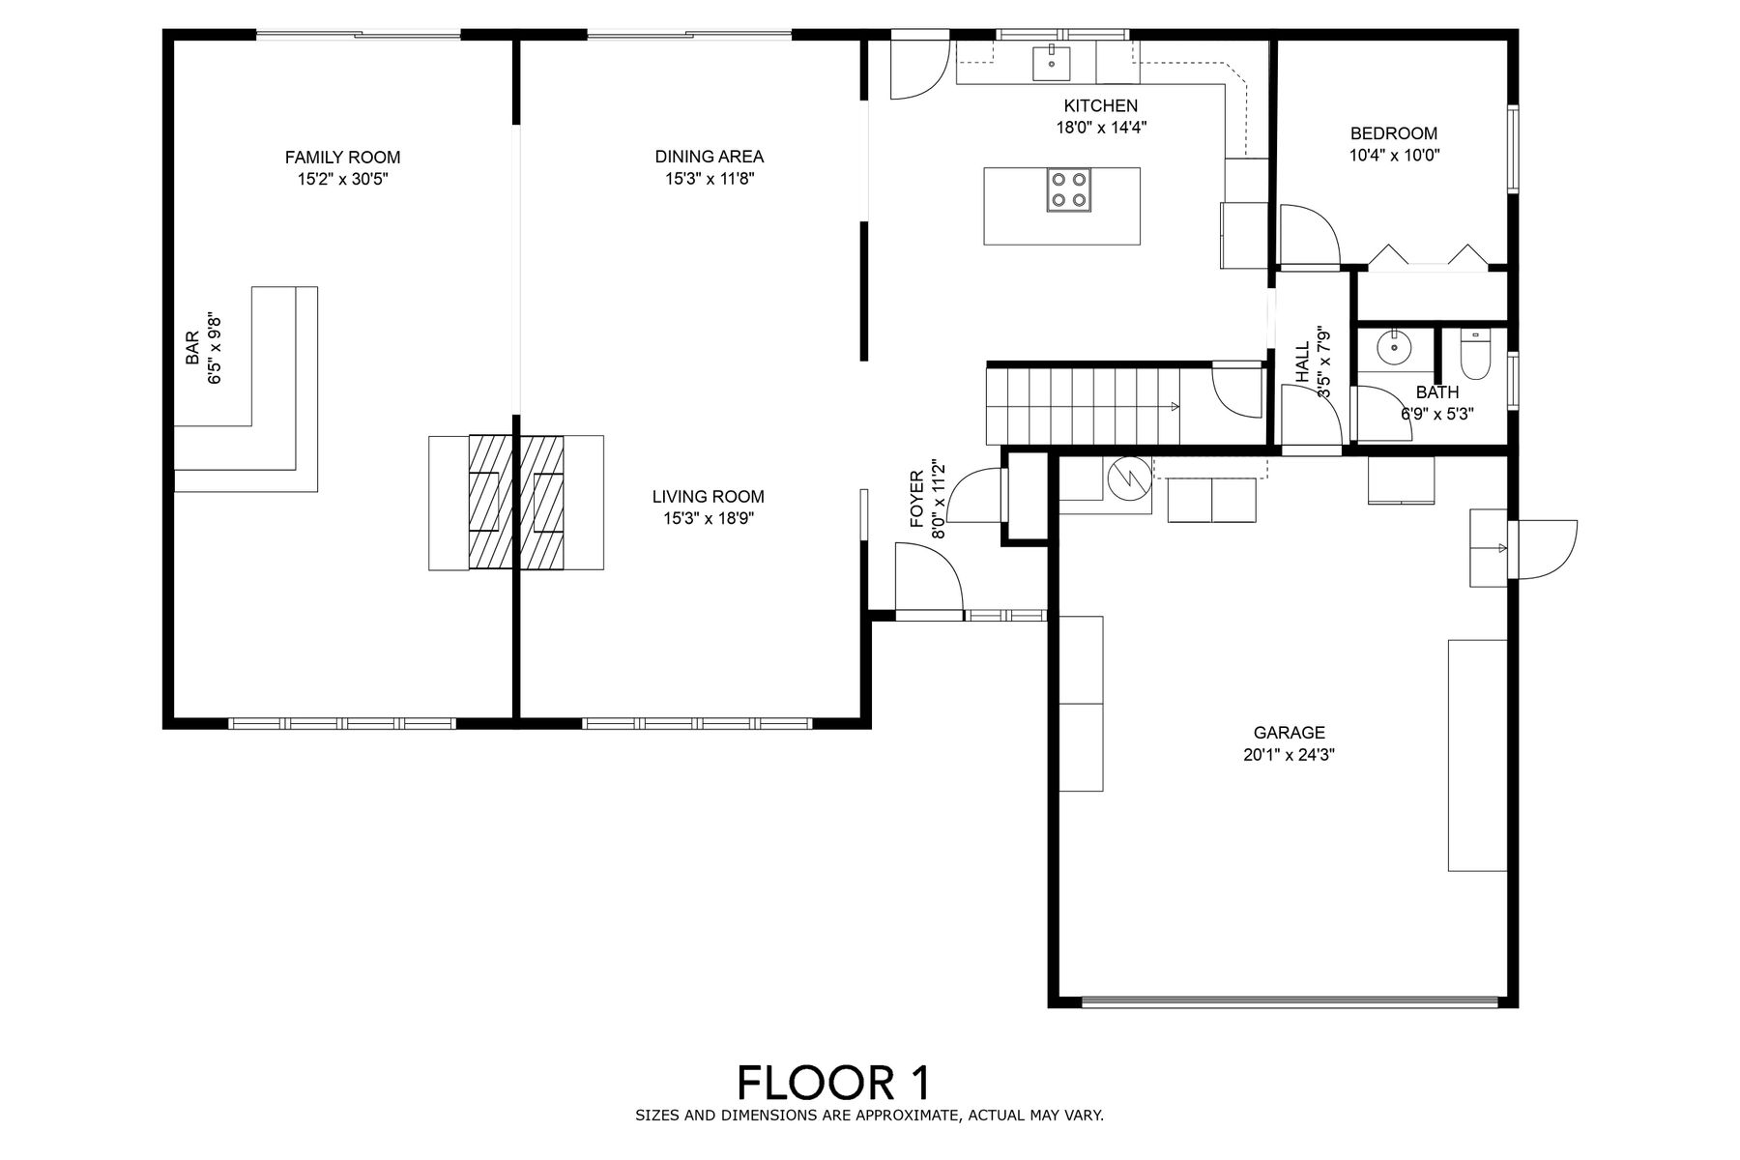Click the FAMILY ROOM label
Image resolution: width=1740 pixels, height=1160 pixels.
tap(342, 158)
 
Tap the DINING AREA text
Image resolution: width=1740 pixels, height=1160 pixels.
tap(710, 157)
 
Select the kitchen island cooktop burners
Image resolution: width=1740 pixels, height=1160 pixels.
tap(1068, 189)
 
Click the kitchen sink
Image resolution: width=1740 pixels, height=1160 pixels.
tap(1051, 63)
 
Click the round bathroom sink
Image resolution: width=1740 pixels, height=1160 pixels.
tap(1393, 347)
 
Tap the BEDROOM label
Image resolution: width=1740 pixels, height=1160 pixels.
tap(1394, 133)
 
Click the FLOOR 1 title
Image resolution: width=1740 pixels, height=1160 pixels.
tap(835, 1083)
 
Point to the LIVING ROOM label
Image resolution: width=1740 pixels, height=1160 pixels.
tap(709, 497)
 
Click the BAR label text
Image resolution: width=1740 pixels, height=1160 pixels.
tap(192, 349)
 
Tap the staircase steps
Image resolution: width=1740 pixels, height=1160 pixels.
tap(1084, 405)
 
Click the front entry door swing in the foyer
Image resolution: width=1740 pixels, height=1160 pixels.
tap(928, 577)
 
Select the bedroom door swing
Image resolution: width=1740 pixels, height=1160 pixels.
tap(1309, 234)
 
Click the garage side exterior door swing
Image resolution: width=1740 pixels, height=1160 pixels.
tap(1548, 550)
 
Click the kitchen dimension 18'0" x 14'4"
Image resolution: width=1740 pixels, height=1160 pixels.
tap(1101, 127)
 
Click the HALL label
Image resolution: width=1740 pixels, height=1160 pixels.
tap(1302, 362)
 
